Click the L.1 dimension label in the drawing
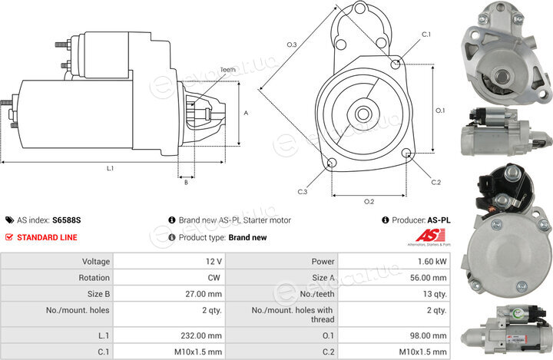pos(110,169)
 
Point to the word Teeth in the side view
pos(227,70)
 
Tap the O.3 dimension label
pos(292,45)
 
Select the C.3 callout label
pos(303,192)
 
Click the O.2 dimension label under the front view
pos(369,202)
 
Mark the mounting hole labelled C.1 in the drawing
pos(396,64)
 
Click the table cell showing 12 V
pos(169,261)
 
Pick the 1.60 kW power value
pos(394,261)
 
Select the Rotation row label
pos(94,278)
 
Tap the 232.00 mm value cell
pos(169,335)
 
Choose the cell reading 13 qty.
pos(394,294)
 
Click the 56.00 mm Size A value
pos(394,278)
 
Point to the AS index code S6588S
pos(66,220)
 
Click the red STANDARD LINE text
pos(47,238)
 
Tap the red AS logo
pos(430,236)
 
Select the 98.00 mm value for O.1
pos(394,335)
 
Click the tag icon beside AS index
pos(9,220)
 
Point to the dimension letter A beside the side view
pos(246,113)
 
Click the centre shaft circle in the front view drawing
pos(363,114)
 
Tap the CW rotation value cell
pos(169,278)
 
